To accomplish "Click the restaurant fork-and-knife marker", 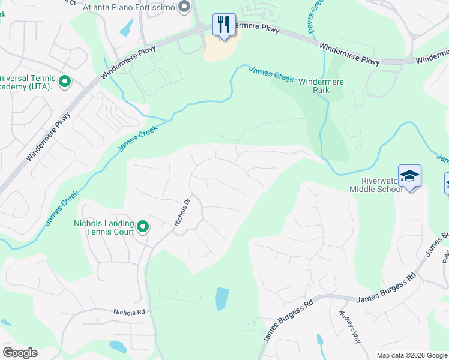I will [224, 25].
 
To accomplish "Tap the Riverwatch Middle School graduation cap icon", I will [409, 176].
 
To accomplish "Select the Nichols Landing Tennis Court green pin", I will [143, 226].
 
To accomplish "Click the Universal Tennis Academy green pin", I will [65, 80].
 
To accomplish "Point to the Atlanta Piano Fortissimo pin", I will [184, 7].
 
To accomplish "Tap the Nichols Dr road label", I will [182, 212].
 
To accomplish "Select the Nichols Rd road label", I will [130, 312].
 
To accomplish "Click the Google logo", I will [20, 353].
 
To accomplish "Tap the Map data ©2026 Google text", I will [412, 355].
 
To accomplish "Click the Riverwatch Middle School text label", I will [376, 184].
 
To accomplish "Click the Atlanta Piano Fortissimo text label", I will [128, 7].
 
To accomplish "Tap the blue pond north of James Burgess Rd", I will [221, 298].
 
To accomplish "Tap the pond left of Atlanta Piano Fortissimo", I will [127, 26].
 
